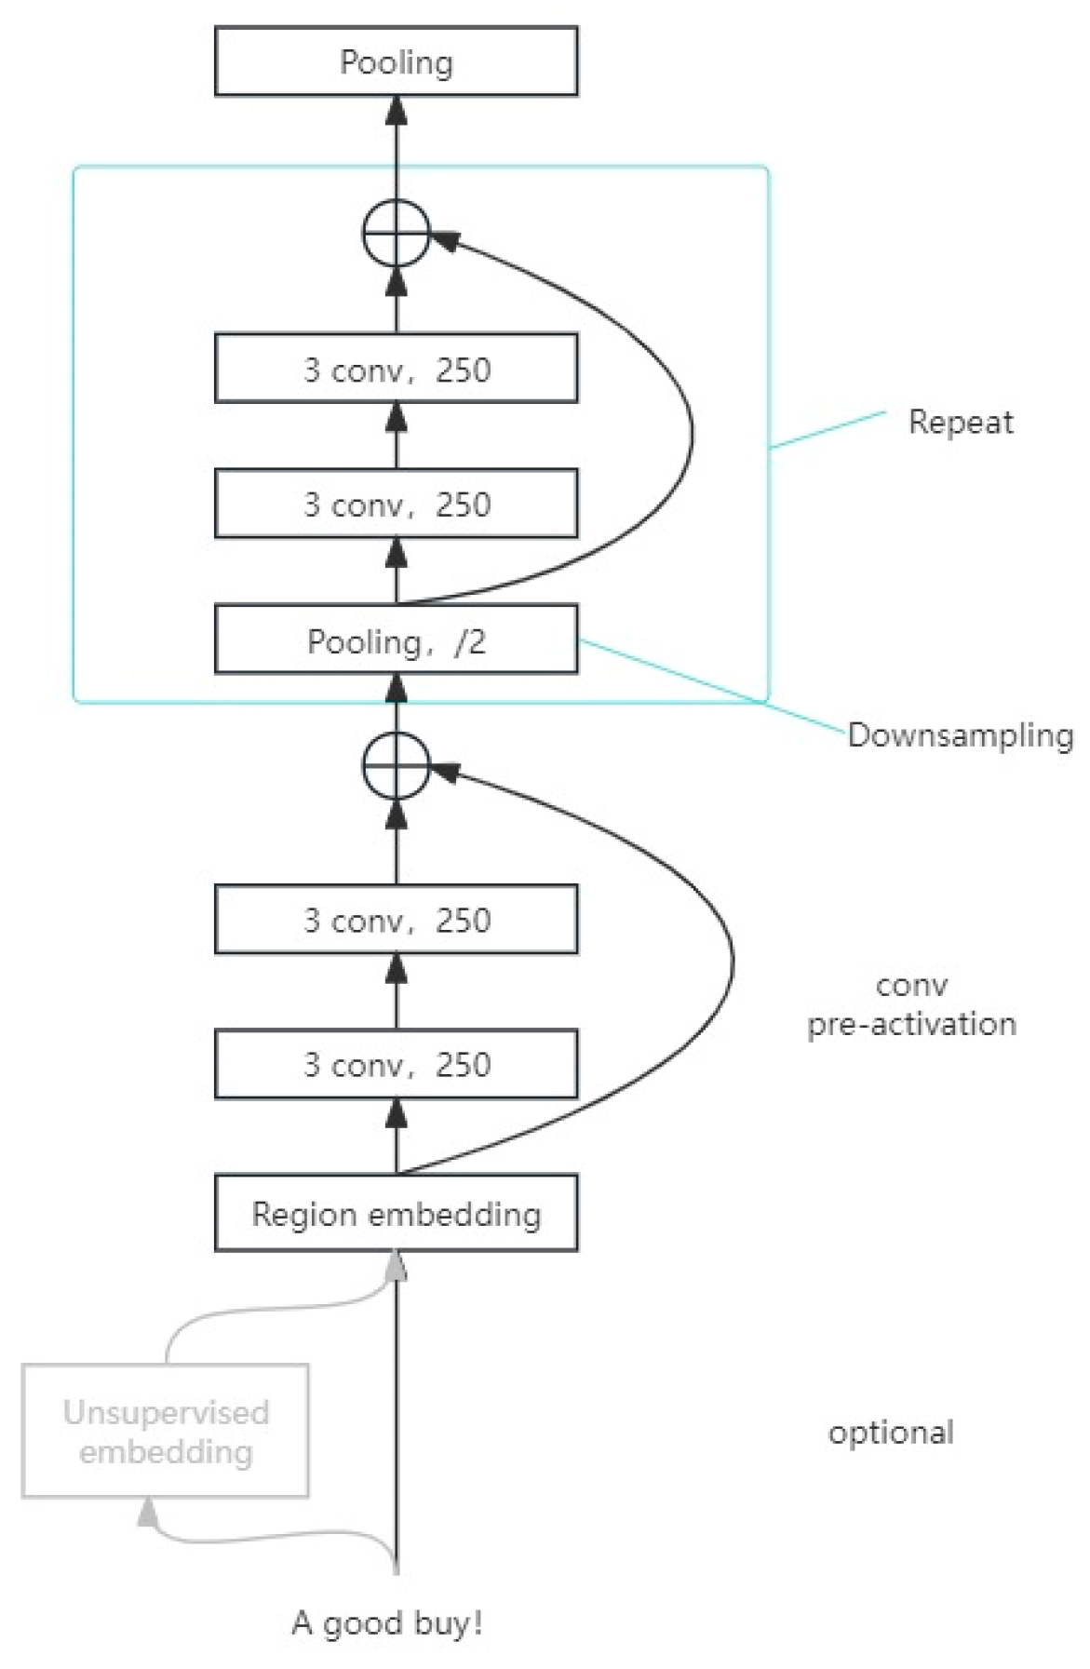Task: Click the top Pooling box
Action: coord(396,61)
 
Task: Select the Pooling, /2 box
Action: coord(396,640)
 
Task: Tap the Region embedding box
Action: coord(396,1213)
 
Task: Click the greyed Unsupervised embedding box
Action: coord(165,1431)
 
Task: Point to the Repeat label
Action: coord(960,422)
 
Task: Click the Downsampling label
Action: coord(960,735)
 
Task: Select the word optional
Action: coord(891,1432)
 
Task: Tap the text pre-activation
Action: coord(911,1024)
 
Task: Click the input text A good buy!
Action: coord(387,1622)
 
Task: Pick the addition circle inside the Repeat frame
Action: coord(396,233)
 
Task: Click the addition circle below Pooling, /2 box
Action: coord(396,765)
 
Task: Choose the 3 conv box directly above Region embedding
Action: coord(396,1064)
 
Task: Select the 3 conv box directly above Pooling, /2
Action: coord(396,504)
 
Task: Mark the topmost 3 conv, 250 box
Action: coord(396,369)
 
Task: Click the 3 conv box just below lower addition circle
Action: coord(396,920)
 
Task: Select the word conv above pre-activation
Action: coord(911,985)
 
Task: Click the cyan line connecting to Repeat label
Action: coord(828,429)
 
